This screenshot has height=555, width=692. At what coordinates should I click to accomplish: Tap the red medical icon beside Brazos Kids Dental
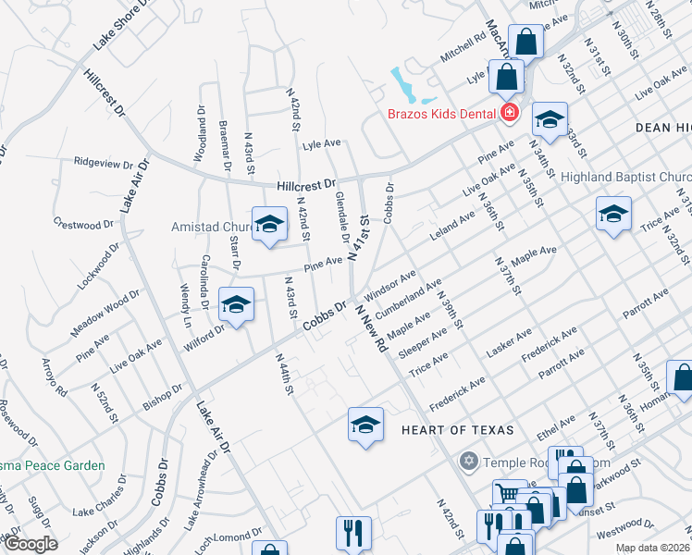click(509, 114)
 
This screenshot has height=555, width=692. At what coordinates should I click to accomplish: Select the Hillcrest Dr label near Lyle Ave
click(306, 185)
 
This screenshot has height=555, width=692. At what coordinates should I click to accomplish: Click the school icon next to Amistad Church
click(269, 226)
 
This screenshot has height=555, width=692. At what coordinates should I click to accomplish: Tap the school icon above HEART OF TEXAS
click(366, 425)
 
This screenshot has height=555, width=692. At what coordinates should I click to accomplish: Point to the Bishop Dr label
click(167, 394)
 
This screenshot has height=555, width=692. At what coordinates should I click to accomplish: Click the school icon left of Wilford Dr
click(236, 304)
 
